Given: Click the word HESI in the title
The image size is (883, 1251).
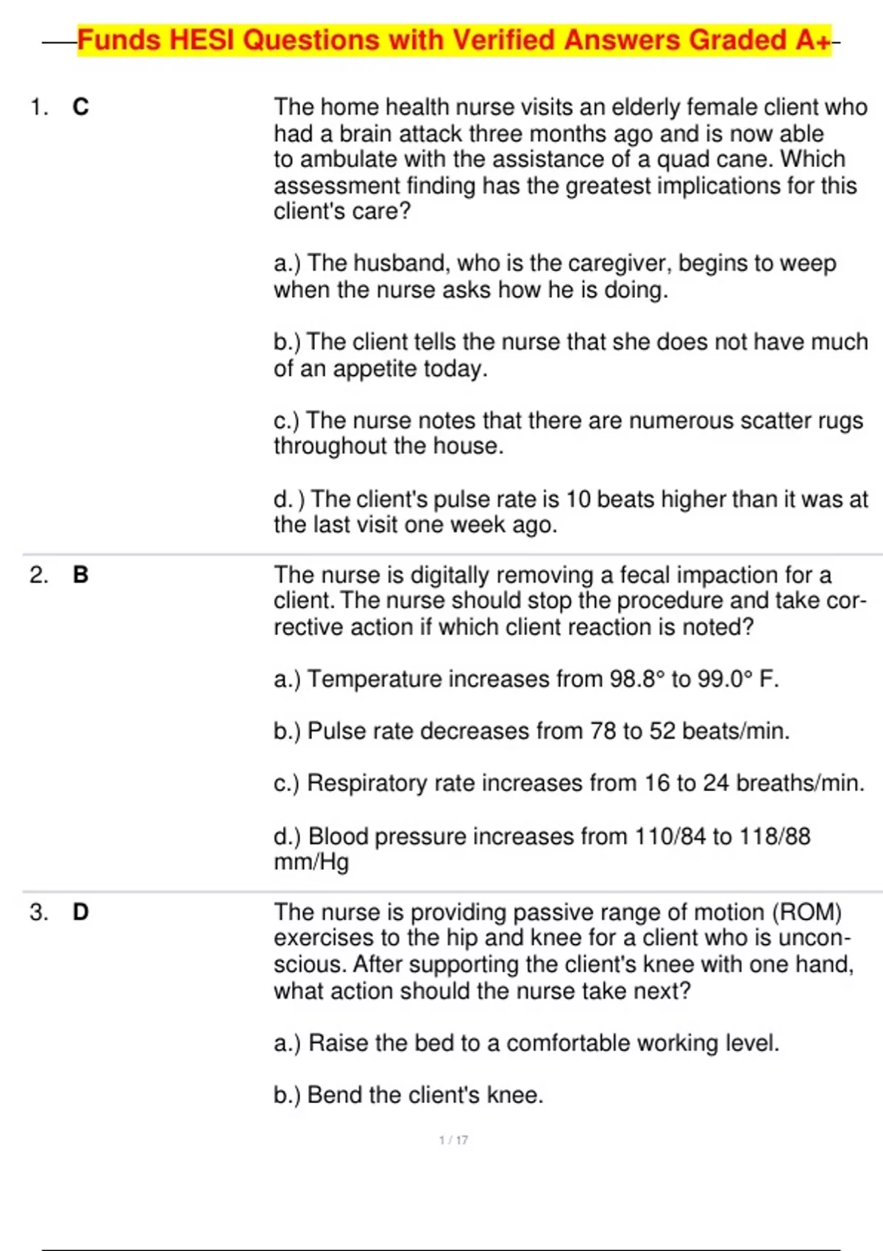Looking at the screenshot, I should tap(202, 40).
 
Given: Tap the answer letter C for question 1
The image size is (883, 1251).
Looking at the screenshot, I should tap(80, 107).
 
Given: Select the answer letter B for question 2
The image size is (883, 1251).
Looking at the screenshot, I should tap(80, 575).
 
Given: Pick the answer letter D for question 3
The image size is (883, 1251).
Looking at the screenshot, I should tap(80, 912).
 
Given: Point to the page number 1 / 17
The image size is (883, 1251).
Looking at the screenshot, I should tap(453, 1140).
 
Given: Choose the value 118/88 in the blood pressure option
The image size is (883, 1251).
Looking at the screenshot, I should tap(774, 836).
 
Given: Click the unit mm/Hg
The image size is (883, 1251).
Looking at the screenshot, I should tap(311, 862).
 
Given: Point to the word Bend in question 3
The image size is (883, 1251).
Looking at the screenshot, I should tap(334, 1095).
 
